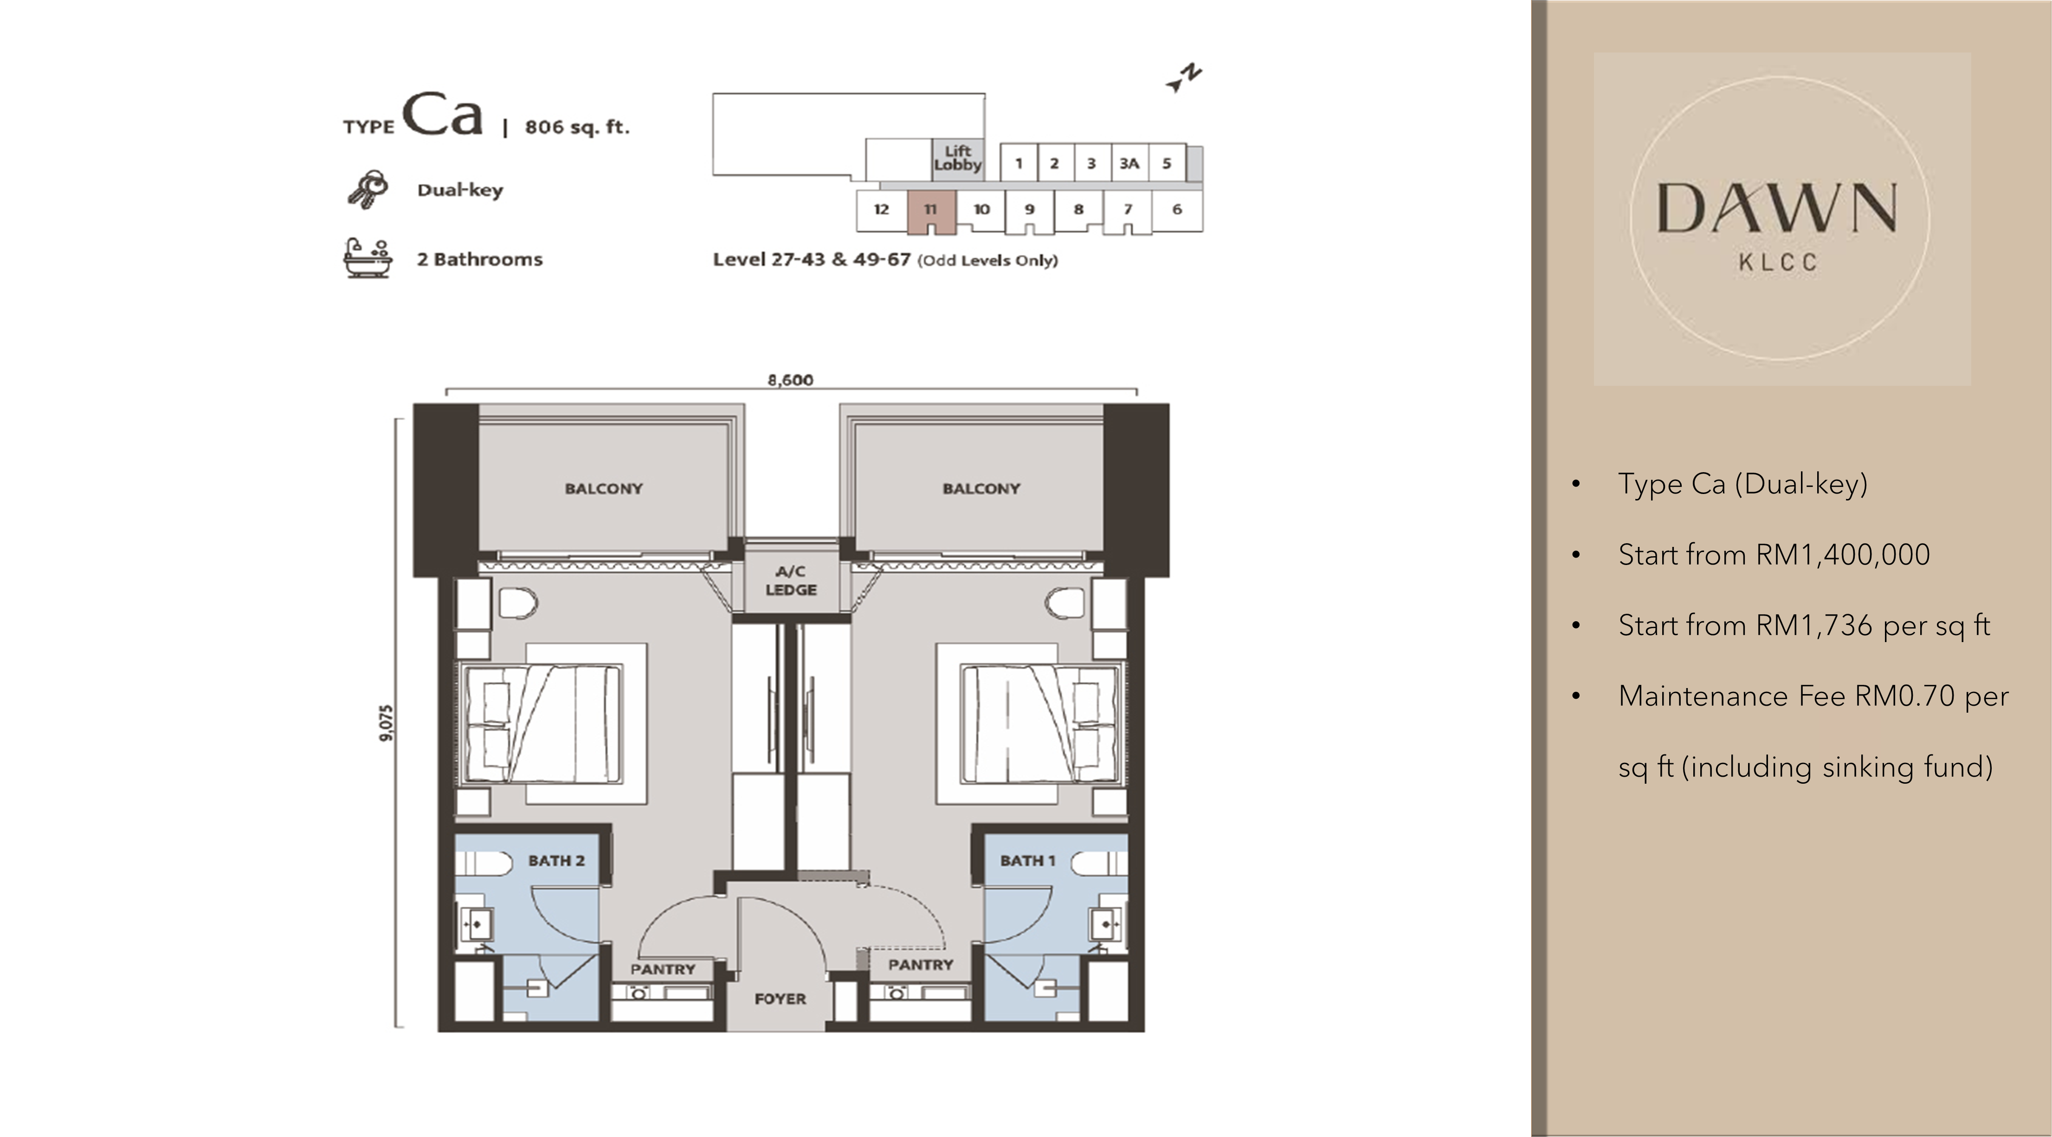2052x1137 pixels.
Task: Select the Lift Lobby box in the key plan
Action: (x=957, y=158)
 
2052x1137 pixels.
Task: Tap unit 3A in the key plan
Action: (x=1129, y=163)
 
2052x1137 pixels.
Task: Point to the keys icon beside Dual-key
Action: (x=367, y=189)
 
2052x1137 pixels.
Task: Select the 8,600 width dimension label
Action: (x=790, y=380)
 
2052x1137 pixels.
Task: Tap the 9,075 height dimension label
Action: (x=387, y=723)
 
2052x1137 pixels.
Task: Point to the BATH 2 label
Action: (x=556, y=860)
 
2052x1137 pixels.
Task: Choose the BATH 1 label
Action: (x=1027, y=860)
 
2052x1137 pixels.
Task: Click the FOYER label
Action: (x=780, y=998)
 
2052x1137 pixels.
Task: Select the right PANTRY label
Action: (x=921, y=965)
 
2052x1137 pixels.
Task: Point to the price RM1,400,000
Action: (x=1843, y=554)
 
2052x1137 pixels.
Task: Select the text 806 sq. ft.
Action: (x=577, y=127)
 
